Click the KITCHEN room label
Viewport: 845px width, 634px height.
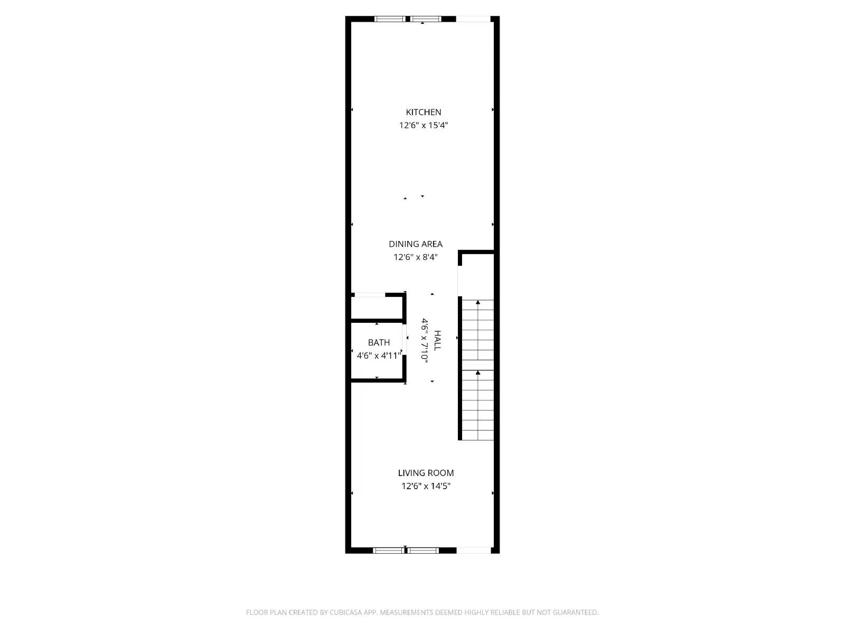(423, 112)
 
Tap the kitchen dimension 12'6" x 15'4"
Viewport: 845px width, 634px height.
(423, 125)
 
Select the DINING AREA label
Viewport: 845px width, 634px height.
(416, 244)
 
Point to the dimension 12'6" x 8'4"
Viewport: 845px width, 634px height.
(416, 257)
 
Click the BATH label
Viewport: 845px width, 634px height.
(379, 342)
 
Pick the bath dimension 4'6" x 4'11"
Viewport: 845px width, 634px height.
(379, 356)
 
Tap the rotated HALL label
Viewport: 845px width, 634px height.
(437, 340)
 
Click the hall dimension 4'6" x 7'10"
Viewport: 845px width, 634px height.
(424, 339)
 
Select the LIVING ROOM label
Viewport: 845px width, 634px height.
(426, 473)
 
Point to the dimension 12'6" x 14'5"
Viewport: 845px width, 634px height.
(426, 486)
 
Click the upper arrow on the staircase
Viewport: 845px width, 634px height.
(478, 303)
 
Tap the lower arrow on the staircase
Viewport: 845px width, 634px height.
(478, 373)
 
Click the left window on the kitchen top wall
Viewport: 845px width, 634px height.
(390, 19)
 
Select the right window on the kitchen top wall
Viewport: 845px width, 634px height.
(426, 19)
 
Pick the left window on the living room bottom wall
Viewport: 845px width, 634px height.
(388, 551)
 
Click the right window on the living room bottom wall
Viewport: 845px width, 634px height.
(423, 551)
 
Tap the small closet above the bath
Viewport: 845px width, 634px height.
(377, 307)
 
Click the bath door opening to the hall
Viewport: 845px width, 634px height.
(405, 345)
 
